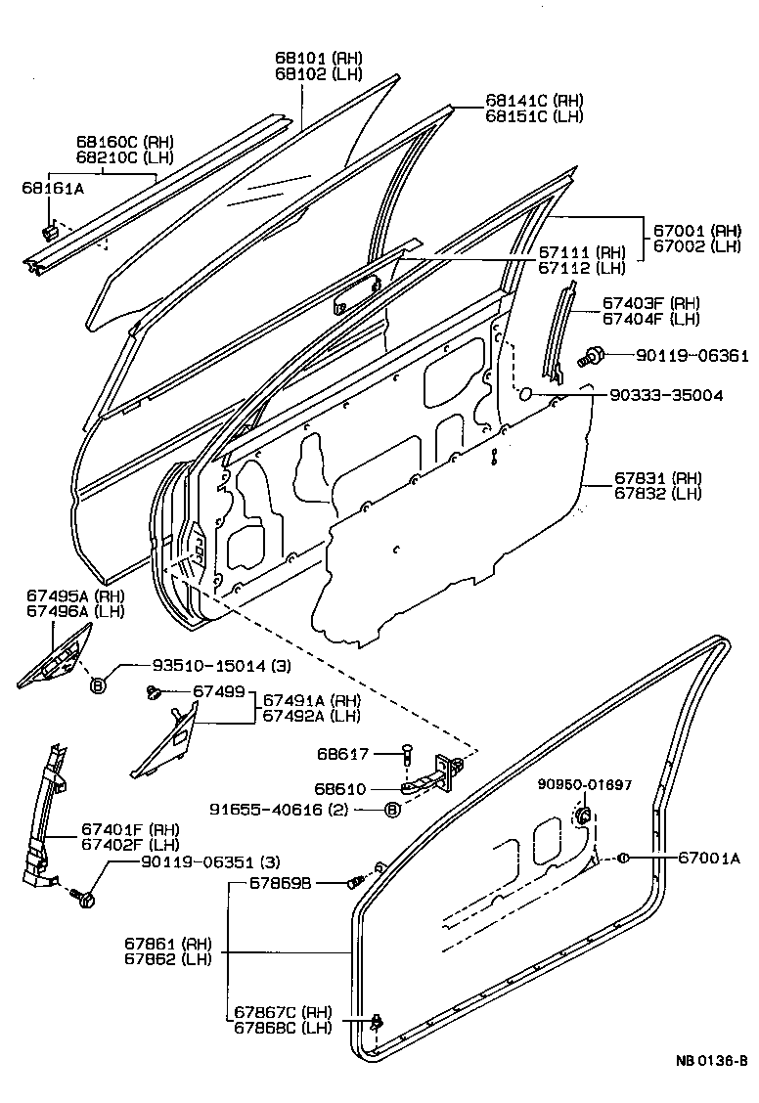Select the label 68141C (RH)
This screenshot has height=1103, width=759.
[x=533, y=101]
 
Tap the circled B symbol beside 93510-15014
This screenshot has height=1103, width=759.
[x=98, y=684]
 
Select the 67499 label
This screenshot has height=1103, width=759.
[x=217, y=692]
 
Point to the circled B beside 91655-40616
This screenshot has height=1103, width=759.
[x=391, y=809]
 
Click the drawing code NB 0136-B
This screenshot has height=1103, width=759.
[x=710, y=1062]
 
